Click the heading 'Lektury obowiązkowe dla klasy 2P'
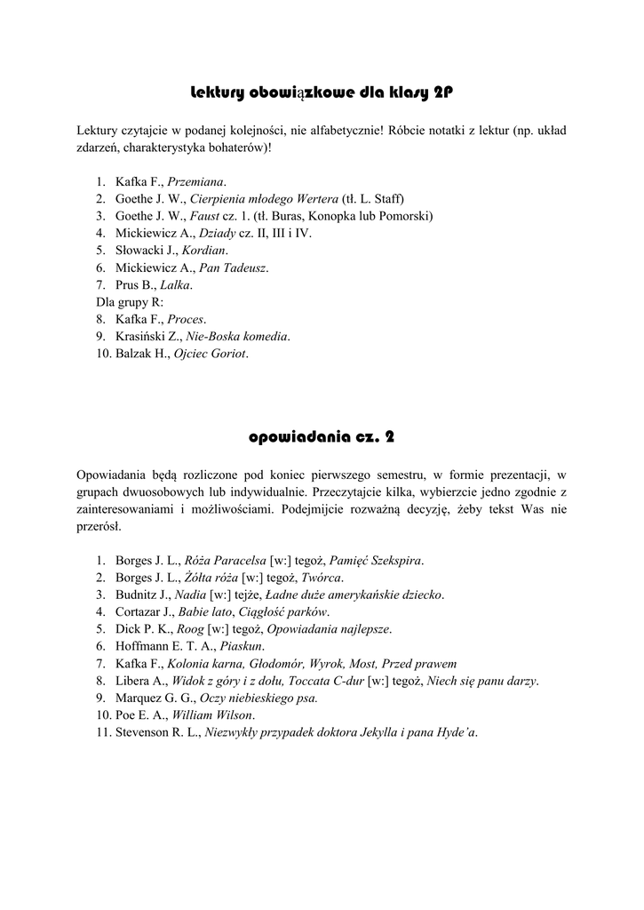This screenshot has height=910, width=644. [x=322, y=92]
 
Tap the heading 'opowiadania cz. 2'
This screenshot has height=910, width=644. [x=322, y=437]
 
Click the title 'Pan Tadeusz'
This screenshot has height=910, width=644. [x=233, y=267]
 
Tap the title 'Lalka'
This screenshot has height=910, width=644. [x=175, y=284]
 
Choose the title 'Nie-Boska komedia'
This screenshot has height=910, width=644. [x=238, y=336]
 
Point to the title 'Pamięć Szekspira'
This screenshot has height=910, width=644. [x=376, y=561]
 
